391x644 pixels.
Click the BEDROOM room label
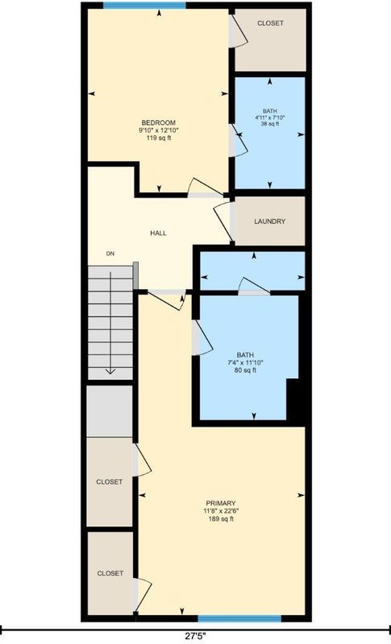tap(159, 122)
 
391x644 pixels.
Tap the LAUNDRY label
tap(270, 221)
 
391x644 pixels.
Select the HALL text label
tap(158, 233)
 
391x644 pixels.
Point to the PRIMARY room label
tap(221, 503)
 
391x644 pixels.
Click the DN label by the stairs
tap(110, 254)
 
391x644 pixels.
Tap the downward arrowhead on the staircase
tap(110, 371)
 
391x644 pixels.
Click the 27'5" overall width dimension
tap(195, 636)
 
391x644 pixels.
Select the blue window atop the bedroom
tap(144, 6)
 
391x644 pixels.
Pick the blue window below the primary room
tap(239, 618)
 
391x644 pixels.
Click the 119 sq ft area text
tap(159, 138)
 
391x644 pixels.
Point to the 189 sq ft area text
tap(221, 518)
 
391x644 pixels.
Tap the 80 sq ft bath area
tap(245, 370)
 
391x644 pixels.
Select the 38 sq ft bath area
tap(270, 123)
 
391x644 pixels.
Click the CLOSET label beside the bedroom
tap(270, 23)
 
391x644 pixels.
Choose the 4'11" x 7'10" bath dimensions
tap(270, 117)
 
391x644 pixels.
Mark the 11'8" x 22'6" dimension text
tap(221, 511)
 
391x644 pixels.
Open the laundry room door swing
tap(222, 222)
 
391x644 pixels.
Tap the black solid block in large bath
tap(296, 401)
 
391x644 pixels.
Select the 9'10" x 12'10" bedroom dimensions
tap(159, 130)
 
